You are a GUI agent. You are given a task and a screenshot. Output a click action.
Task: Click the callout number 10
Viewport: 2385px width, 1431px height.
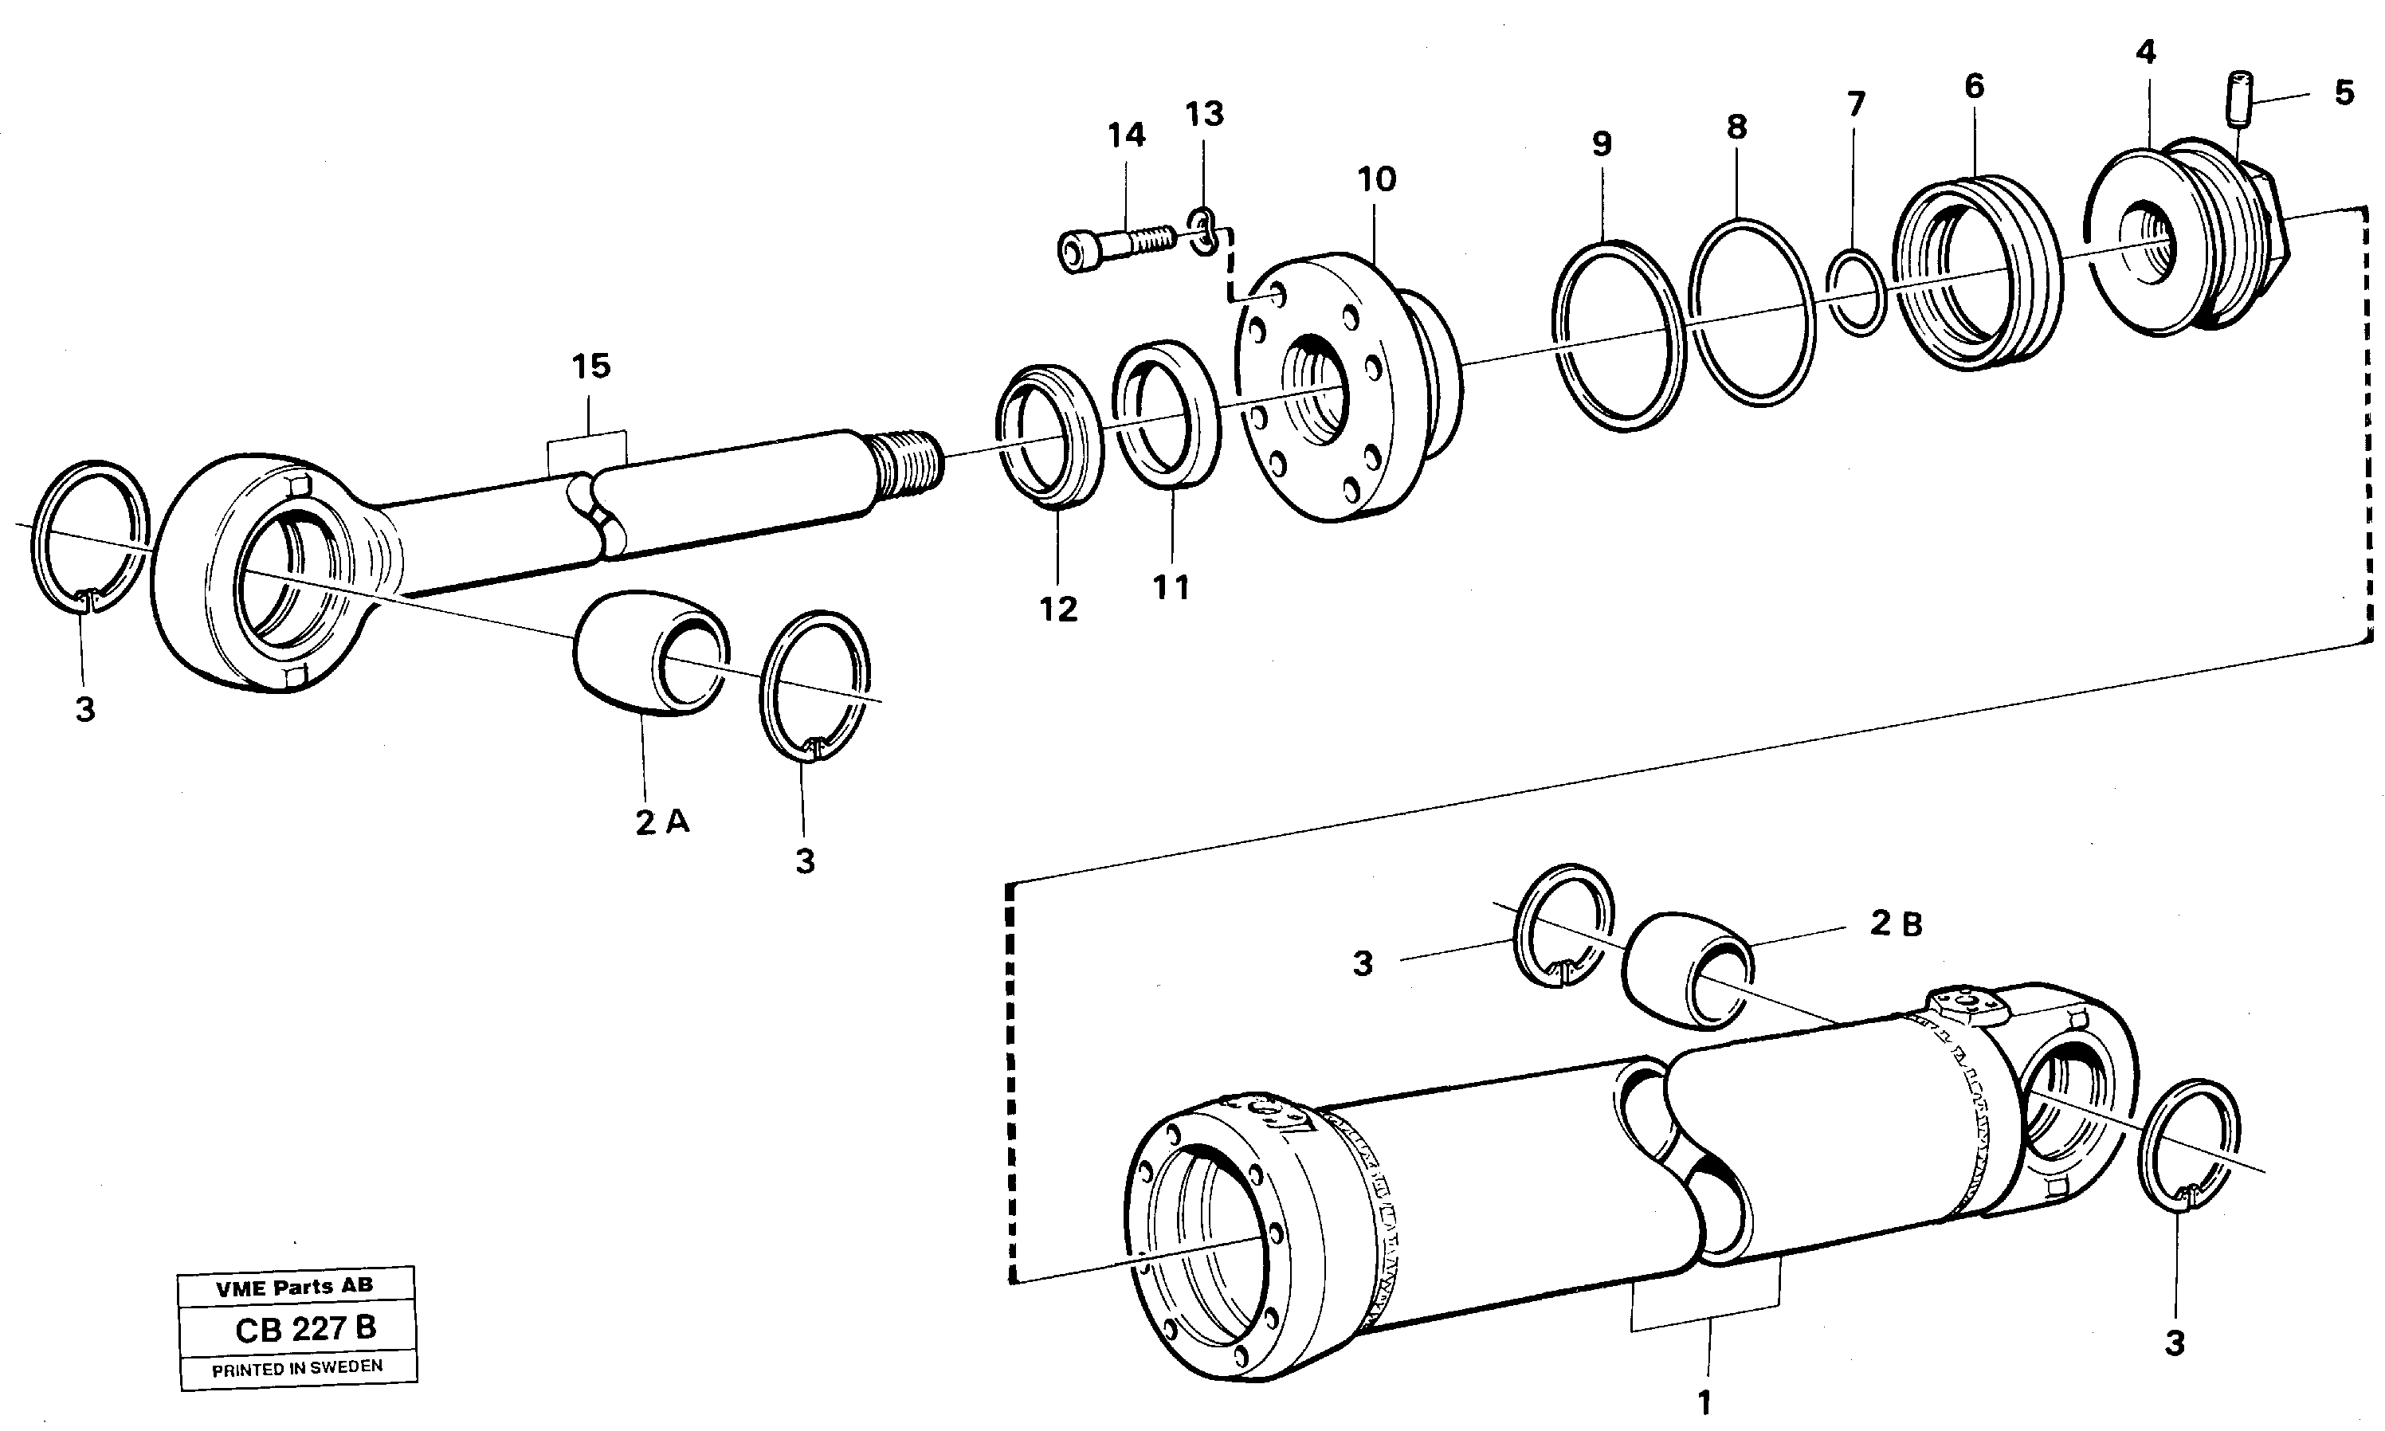coord(1376,179)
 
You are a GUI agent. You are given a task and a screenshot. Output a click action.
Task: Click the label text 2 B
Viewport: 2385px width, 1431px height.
coord(1896,923)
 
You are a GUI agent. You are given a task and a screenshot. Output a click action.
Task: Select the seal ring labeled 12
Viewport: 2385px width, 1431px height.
coord(1049,435)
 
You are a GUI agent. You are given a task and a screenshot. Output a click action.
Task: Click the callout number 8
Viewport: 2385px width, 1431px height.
coord(1736,127)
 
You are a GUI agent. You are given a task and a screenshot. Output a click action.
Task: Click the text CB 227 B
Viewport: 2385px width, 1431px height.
coord(304,1330)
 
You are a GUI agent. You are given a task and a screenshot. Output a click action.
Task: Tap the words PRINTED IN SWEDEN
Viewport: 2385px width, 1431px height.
coord(297,1368)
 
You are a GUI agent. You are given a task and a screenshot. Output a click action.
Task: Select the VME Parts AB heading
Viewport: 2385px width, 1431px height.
coord(294,1286)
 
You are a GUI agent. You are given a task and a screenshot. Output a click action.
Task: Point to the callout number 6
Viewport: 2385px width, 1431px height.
coord(1974,87)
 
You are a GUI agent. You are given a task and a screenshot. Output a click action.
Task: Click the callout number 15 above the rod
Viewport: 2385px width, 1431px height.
coord(590,367)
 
